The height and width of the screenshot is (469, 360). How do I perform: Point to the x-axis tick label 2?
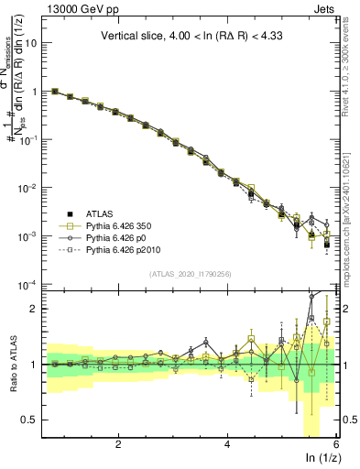118,444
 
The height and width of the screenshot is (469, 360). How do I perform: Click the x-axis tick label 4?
228,444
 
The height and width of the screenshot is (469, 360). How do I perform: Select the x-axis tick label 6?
337,444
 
